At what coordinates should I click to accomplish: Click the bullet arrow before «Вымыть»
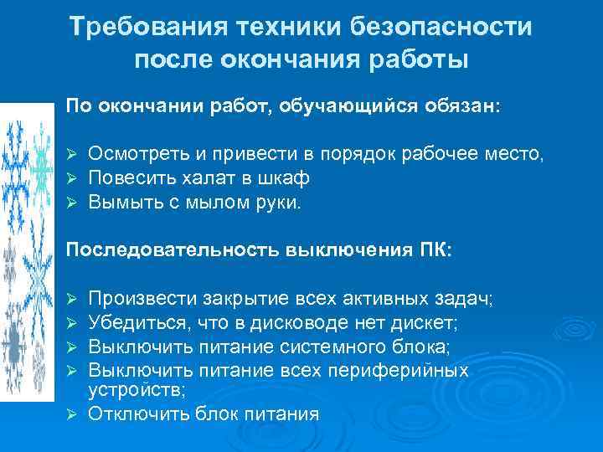coord(72,202)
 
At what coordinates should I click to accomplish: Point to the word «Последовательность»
coord(173,250)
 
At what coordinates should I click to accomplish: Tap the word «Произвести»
coord(143,298)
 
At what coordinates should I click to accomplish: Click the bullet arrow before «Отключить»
coord(72,413)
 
